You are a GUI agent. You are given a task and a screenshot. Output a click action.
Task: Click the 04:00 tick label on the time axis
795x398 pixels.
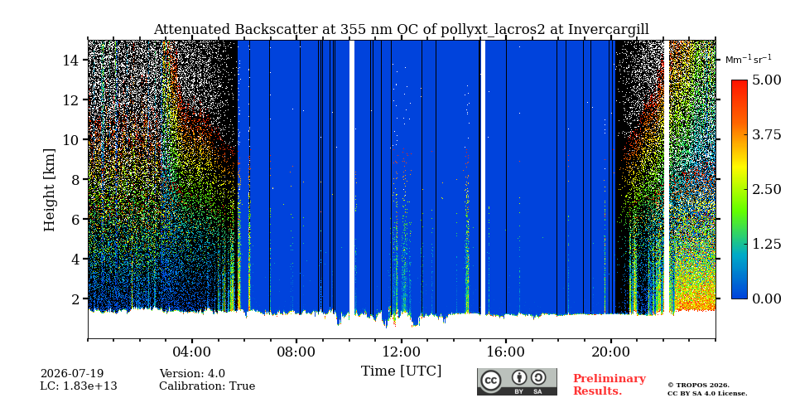192,352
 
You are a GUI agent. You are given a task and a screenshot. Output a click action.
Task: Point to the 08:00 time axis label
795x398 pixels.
296,352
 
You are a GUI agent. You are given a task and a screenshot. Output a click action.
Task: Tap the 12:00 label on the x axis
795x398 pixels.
401,352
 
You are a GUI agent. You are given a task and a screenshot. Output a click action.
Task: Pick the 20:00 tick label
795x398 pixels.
610,352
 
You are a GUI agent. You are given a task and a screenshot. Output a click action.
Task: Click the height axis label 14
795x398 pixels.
72,60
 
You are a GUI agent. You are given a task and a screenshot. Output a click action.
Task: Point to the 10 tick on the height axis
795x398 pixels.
72,139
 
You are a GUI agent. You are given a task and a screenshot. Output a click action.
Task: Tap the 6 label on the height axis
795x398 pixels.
76,219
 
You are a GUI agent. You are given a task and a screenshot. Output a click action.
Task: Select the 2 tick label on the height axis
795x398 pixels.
76,298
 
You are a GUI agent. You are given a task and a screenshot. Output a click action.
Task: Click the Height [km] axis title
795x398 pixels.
49,190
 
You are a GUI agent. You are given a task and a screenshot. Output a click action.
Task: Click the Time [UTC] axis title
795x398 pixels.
401,371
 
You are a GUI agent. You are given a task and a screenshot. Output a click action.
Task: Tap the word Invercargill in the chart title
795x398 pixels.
609,30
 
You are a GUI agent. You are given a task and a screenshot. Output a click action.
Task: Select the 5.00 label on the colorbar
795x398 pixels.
767,80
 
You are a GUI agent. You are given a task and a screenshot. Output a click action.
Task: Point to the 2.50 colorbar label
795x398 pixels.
767,189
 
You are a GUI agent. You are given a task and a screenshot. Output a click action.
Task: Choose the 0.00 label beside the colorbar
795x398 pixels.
767,298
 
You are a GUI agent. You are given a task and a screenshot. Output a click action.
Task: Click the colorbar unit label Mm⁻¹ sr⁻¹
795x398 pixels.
749,60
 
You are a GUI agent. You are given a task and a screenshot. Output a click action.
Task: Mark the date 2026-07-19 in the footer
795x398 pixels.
72,374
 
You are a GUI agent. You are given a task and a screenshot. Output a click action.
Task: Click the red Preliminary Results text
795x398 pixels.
609,385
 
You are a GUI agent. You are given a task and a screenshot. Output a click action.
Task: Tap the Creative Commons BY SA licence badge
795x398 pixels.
517,381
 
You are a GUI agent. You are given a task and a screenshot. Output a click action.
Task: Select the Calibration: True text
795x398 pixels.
207,386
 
